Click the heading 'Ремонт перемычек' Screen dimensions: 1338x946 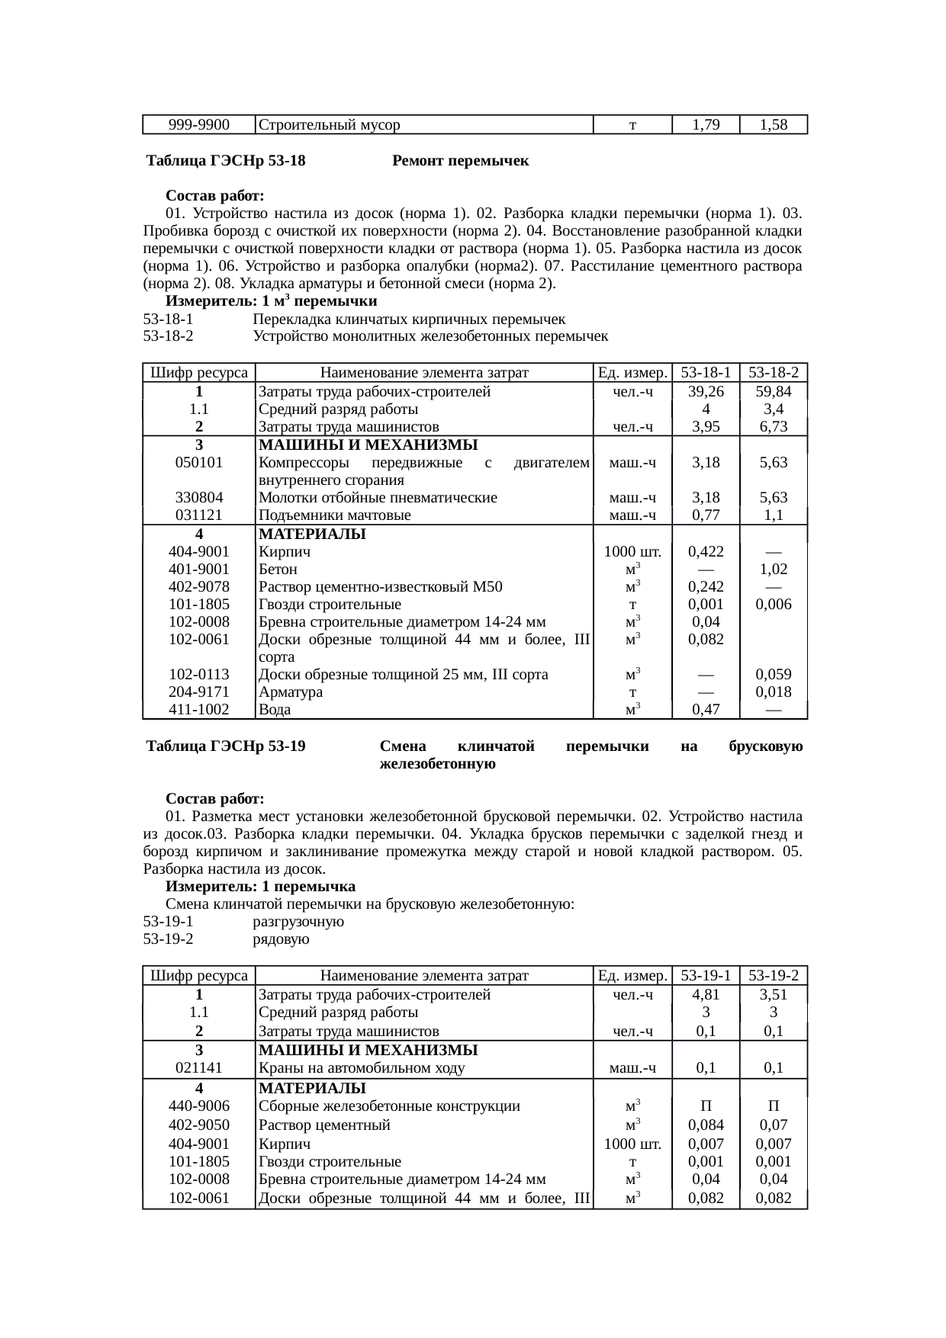click(x=460, y=162)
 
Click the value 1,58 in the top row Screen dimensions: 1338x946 click(x=774, y=125)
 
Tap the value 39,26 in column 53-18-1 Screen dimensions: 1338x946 click(x=706, y=392)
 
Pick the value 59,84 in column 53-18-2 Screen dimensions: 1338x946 click(x=774, y=392)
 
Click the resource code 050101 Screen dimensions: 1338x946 click(x=198, y=463)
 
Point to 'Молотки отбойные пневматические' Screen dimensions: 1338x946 click(x=378, y=498)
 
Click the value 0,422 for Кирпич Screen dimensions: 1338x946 click(x=706, y=552)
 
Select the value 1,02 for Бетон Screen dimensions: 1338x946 click(x=774, y=570)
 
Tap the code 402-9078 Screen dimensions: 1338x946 click(x=198, y=587)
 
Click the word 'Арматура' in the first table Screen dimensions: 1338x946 click(x=291, y=692)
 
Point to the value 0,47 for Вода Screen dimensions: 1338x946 click(x=706, y=710)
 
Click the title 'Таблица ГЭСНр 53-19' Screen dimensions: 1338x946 click(x=226, y=746)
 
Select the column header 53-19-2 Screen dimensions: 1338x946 click(x=774, y=975)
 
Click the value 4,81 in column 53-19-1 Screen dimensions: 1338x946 click(x=706, y=995)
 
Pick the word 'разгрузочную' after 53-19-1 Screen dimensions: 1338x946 click(x=298, y=922)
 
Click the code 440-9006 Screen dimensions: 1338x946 click(x=198, y=1106)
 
